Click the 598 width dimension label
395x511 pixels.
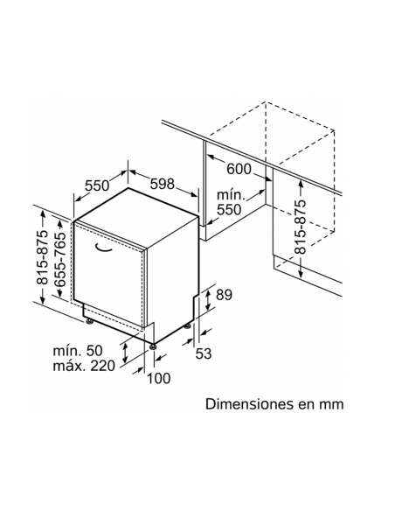pyautogui.click(x=163, y=184)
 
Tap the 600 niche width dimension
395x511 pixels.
pyautogui.click(x=239, y=169)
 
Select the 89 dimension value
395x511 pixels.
pyautogui.click(x=225, y=295)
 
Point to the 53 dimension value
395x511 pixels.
pyautogui.click(x=204, y=353)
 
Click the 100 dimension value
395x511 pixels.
pyautogui.click(x=159, y=378)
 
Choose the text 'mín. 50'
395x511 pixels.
pyautogui.click(x=78, y=351)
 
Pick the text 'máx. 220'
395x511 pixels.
pyautogui.click(x=84, y=366)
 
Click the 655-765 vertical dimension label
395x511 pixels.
pyautogui.click(x=60, y=259)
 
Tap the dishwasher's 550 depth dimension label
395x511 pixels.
pyautogui.click(x=97, y=185)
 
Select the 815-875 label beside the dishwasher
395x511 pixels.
pyautogui.click(x=42, y=257)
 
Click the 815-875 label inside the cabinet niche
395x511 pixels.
pyautogui.click(x=300, y=227)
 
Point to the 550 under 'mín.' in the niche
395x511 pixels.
pyautogui.click(x=229, y=209)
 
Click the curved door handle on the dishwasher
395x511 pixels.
pyautogui.click(x=103, y=248)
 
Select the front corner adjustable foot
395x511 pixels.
pyautogui.click(x=153, y=346)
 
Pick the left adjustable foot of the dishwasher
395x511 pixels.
pyautogui.click(x=89, y=322)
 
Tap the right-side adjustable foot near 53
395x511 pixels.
pyautogui.click(x=188, y=325)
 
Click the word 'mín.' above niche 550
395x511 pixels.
pyautogui.click(x=231, y=195)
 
